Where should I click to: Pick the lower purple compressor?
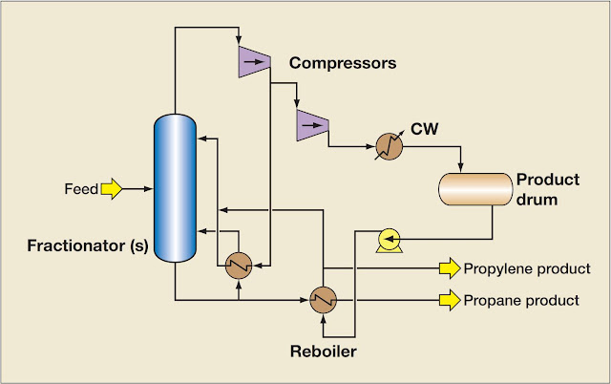(x=311, y=121)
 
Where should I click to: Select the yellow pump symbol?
(x=390, y=240)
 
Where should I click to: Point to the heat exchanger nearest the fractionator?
(x=239, y=265)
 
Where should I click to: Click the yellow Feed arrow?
(x=113, y=189)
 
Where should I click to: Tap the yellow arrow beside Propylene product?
(x=448, y=267)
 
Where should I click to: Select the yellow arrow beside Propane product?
(x=448, y=300)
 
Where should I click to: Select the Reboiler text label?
(x=322, y=351)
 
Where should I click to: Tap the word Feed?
(x=81, y=189)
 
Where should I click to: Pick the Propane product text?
(x=520, y=300)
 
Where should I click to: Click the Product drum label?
(x=542, y=189)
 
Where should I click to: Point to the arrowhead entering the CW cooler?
(x=369, y=145)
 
